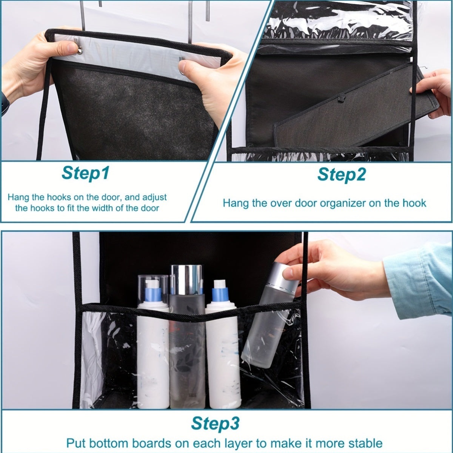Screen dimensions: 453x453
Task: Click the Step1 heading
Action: coord(86,173)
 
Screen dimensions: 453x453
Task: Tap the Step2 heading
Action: coord(342,174)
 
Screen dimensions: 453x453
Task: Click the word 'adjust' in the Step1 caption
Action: coord(154,197)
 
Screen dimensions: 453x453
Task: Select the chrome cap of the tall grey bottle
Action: coord(186,279)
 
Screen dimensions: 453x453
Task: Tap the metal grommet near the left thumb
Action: coord(80,50)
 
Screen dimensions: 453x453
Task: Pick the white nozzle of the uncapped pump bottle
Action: coord(220,284)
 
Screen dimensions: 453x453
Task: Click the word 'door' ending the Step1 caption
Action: coord(150,208)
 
